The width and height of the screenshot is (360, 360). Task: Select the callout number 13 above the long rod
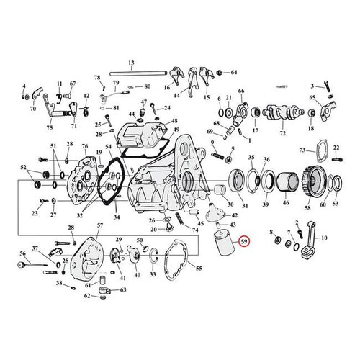pyautogui.click(x=132, y=63)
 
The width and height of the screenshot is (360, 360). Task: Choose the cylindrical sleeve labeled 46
pyautogui.click(x=287, y=184)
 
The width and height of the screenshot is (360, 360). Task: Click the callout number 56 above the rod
pyautogui.click(x=22, y=253)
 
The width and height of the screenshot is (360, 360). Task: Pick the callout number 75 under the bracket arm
pyautogui.click(x=49, y=130)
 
